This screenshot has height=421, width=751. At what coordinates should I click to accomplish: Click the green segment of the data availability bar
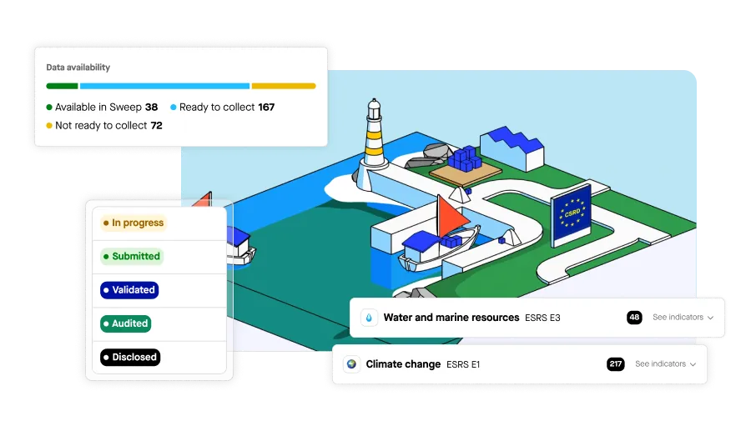(x=63, y=86)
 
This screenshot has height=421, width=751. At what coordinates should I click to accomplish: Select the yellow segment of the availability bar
(x=284, y=86)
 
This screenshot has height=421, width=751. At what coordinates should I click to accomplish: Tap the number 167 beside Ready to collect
(x=266, y=107)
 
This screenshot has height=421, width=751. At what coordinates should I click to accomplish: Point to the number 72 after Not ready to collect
(x=156, y=125)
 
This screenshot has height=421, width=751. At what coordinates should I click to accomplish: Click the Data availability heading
(x=78, y=68)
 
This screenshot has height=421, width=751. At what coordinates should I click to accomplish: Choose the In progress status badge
(x=134, y=223)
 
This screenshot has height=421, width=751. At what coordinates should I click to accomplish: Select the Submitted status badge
(x=131, y=257)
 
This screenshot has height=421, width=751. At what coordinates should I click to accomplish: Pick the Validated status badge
(x=129, y=290)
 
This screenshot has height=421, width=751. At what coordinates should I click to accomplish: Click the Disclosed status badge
(x=129, y=357)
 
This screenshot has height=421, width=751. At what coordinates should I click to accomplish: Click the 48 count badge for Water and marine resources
(x=634, y=318)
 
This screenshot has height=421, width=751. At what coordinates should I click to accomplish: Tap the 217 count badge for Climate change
(x=617, y=364)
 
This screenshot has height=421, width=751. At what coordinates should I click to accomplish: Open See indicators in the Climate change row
(x=665, y=364)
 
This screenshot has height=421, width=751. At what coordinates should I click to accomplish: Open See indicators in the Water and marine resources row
(x=683, y=318)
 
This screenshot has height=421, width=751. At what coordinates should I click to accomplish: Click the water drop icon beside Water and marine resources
(x=369, y=318)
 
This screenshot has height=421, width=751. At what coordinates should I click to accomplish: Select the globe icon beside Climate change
(x=351, y=364)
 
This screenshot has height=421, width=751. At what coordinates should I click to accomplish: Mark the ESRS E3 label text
(x=542, y=318)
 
